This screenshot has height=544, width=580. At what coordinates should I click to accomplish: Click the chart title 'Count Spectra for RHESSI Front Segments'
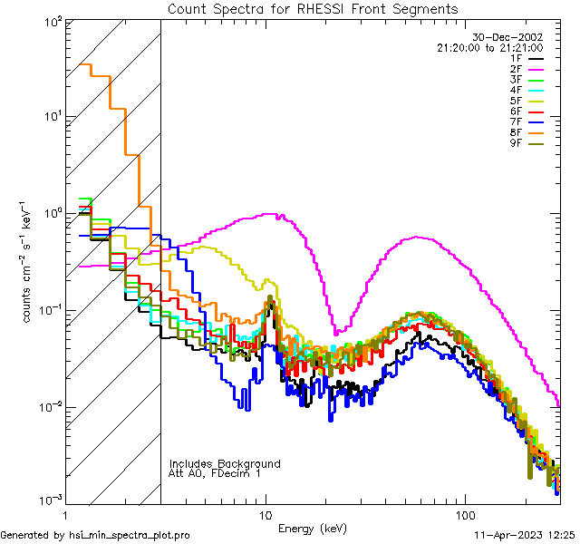(x=313, y=8)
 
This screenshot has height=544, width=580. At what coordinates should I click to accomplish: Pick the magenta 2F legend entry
(x=531, y=69)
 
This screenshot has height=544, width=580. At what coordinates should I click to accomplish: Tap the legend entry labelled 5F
(x=531, y=101)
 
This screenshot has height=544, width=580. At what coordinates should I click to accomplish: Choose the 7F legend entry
(x=531, y=121)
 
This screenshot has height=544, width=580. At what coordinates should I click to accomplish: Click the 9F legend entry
(x=531, y=143)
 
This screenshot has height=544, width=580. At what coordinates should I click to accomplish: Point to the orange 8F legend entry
(x=531, y=132)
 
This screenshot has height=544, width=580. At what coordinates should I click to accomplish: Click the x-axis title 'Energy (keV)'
(x=313, y=529)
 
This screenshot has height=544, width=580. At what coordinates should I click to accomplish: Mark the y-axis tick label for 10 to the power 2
(x=51, y=21)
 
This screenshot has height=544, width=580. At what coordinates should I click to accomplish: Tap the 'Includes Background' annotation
(x=225, y=463)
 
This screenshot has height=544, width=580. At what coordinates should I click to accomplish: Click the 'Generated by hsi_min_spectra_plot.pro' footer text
(x=95, y=535)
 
